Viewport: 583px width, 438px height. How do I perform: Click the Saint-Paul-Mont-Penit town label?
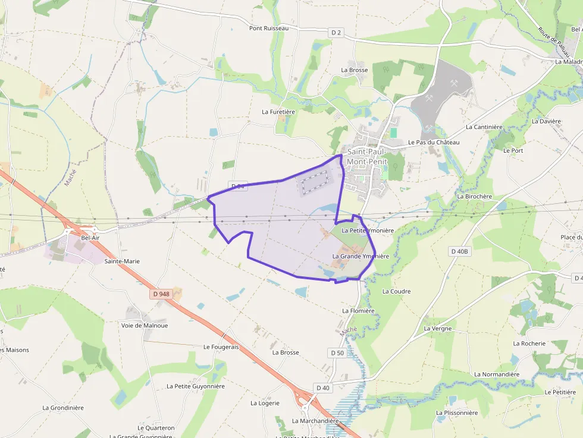(x=367, y=156)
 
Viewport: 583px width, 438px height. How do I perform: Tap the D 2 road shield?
(x=337, y=32)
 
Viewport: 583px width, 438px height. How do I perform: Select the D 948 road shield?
(x=161, y=294)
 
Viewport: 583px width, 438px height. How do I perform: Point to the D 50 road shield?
(x=337, y=353)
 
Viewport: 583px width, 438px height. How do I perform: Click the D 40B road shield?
(x=459, y=251)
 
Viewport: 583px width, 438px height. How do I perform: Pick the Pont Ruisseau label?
(x=268, y=28)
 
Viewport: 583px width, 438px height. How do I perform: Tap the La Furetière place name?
(x=278, y=112)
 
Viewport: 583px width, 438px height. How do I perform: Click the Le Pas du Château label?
(x=434, y=143)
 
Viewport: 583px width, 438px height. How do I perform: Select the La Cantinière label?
(x=484, y=127)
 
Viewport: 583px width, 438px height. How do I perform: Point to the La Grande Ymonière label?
(x=361, y=257)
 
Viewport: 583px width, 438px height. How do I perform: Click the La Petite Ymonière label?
(x=368, y=231)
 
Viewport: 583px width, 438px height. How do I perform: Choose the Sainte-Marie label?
(x=121, y=261)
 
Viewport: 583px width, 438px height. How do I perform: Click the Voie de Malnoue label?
(x=145, y=325)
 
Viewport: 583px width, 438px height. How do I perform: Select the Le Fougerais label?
(x=221, y=346)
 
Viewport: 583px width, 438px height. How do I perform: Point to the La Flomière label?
(x=358, y=311)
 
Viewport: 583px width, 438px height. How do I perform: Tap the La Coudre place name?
(x=396, y=291)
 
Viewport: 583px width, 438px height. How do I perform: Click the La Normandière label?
(x=497, y=374)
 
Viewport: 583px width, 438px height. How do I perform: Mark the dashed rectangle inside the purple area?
(x=314, y=182)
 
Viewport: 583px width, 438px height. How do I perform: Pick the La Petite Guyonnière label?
(x=196, y=386)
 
